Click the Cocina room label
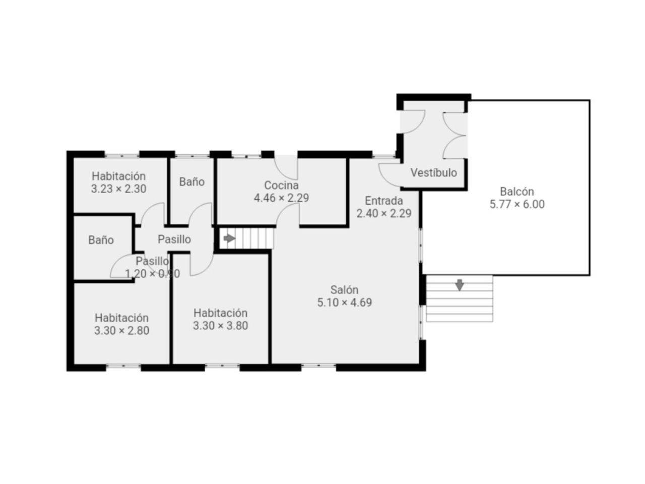point(281,185)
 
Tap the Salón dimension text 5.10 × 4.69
point(344,302)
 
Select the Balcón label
point(517,192)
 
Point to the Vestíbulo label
point(433,172)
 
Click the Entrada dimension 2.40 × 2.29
point(384,213)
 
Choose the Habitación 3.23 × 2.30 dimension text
point(118,189)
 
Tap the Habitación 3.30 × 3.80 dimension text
point(220,326)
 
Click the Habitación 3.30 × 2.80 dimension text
point(121,331)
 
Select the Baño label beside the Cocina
point(191,181)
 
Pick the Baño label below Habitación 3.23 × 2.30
point(101,240)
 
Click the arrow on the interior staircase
point(229,238)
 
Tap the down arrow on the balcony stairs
point(459,285)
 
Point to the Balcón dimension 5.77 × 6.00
point(517,204)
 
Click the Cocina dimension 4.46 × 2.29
point(281,198)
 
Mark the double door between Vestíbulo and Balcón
point(455,136)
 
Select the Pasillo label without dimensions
point(174,239)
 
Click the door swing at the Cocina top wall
point(286,167)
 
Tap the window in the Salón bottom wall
point(318,366)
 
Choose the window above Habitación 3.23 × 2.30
point(121,155)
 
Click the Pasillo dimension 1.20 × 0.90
point(153,274)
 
